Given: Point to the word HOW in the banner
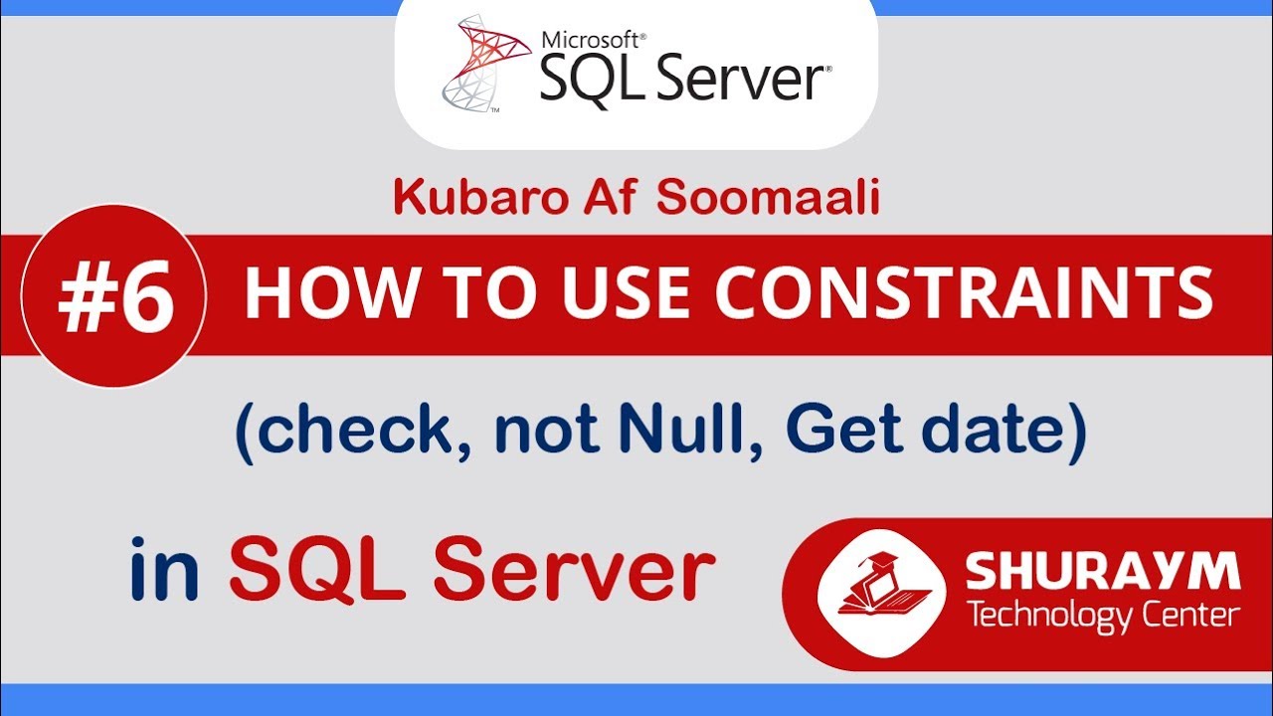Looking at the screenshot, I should coord(318,294).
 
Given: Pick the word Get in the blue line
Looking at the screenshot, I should coord(836,436).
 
